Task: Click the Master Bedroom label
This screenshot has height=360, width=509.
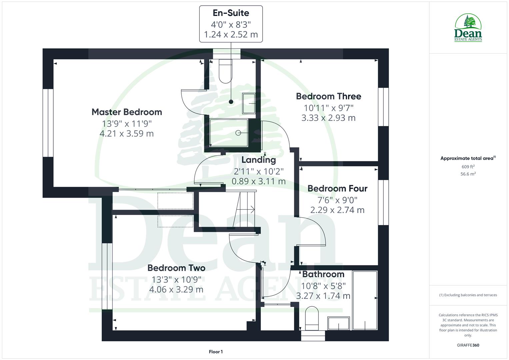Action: click(127, 112)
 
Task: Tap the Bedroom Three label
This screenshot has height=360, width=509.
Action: click(328, 96)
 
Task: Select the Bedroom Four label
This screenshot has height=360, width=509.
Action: click(337, 189)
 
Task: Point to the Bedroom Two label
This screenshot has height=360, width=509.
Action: click(176, 268)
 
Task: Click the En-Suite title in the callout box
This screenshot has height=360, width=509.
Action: click(231, 13)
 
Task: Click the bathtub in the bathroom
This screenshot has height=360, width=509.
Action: click(365, 300)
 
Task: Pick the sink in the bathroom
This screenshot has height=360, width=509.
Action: click(339, 323)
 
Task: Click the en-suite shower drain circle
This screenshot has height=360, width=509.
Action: click(238, 133)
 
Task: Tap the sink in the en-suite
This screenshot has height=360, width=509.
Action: click(249, 103)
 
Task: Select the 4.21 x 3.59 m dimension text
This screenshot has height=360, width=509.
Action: click(127, 134)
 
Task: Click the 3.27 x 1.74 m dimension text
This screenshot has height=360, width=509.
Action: click(323, 296)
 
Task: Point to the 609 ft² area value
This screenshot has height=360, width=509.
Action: click(468, 167)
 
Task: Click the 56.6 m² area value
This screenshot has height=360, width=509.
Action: click(468, 174)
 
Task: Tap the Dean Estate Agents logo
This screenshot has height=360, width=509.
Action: click(468, 28)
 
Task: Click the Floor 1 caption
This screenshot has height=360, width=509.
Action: click(216, 352)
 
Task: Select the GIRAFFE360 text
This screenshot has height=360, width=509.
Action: click(468, 345)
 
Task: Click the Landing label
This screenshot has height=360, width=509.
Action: click(259, 160)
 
